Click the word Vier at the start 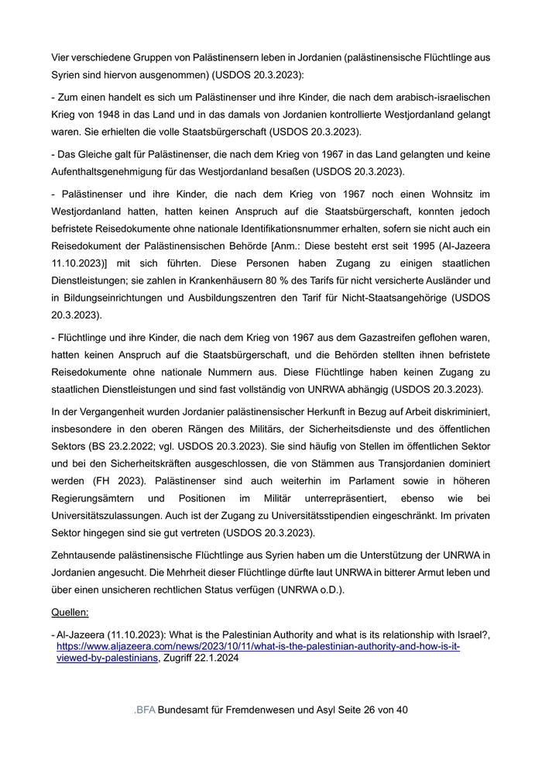point(61,57)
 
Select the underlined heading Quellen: point(70,611)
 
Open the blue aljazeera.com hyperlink point(258,646)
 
